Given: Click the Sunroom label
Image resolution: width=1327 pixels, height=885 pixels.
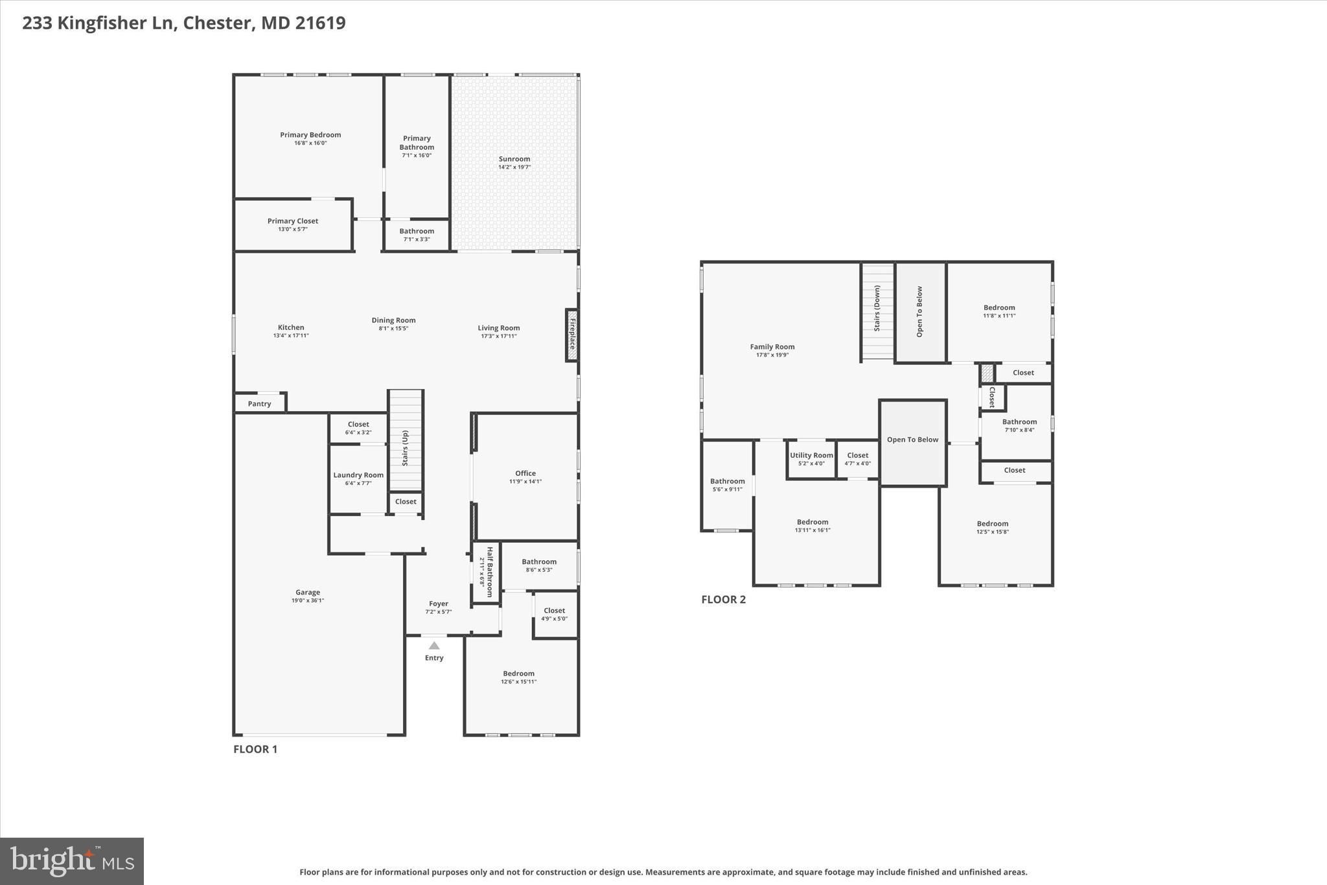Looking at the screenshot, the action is pos(514,159).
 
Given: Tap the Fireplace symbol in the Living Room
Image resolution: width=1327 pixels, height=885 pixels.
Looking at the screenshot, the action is pos(571,335).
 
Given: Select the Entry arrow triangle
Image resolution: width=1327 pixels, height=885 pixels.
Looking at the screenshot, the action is pos(434,646).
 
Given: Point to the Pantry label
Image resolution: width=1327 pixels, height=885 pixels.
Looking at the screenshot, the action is pos(259,404).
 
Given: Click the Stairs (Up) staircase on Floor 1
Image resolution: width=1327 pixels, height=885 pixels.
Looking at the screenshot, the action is pos(406,440).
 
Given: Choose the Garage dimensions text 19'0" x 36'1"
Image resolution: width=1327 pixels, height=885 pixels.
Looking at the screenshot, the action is pos(308,600).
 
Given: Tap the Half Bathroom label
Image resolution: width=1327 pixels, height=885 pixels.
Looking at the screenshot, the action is pos(490,572).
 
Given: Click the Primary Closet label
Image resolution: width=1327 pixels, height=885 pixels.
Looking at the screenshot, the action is pos(293,221).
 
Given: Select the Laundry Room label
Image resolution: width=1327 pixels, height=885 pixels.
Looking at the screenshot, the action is pos(358,475).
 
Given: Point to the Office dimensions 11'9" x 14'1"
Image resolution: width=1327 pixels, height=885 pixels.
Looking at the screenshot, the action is pos(525,481).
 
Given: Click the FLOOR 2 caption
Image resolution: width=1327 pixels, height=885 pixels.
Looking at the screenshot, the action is pos(724,599).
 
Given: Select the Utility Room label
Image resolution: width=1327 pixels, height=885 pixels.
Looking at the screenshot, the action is pos(811,455).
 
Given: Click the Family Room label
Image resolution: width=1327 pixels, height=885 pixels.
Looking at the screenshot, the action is pos(772,347).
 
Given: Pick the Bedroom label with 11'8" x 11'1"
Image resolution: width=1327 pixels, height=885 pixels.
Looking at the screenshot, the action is pos(999,308).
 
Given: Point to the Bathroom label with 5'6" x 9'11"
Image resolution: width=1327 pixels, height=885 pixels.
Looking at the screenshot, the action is pos(728,481).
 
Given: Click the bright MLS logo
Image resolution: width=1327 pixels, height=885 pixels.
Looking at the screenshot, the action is pos(72,861).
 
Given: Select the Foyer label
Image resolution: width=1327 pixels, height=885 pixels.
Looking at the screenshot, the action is pos(439,604).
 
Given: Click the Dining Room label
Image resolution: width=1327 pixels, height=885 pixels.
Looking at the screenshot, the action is pos(393,320).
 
